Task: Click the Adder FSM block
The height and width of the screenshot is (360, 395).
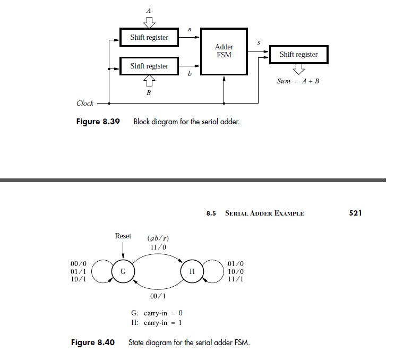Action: click(224, 51)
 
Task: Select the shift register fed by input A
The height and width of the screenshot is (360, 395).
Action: click(149, 37)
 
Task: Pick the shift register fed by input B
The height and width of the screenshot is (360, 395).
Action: click(149, 66)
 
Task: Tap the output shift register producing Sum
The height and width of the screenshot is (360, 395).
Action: click(298, 54)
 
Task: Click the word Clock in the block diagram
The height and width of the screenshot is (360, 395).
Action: click(85, 104)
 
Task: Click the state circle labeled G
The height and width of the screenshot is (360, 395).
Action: click(123, 272)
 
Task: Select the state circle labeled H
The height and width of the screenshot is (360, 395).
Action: click(192, 272)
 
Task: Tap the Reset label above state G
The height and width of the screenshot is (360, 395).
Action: click(123, 236)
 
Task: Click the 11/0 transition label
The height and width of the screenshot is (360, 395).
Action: click(158, 247)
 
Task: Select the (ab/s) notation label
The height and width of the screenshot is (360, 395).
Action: click(158, 238)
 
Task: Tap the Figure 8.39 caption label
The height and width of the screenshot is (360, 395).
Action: click(98, 122)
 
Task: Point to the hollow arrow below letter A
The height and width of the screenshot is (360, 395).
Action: click(149, 22)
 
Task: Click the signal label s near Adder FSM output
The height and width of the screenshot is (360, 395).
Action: click(259, 42)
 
